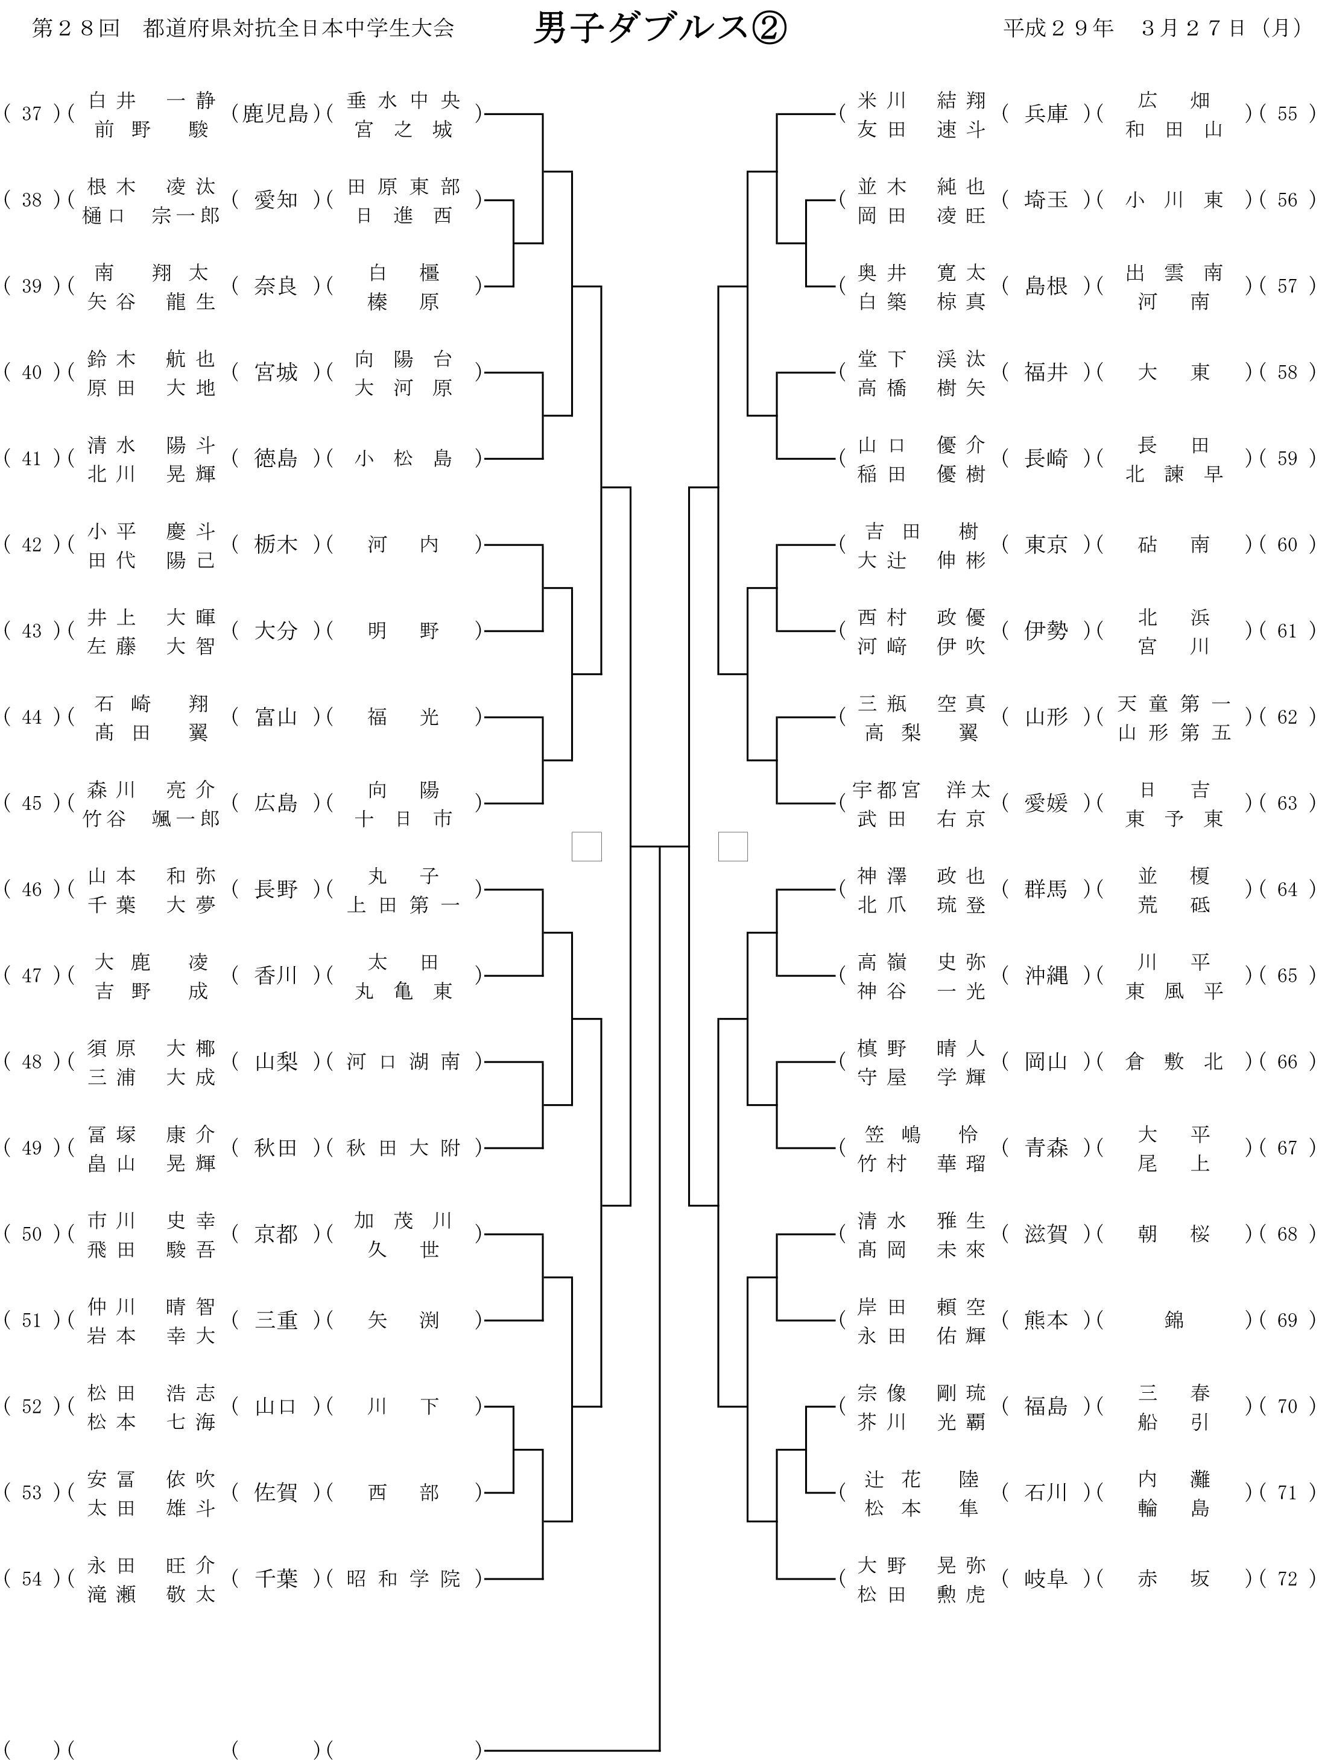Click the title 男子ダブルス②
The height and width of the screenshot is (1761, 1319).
pyautogui.click(x=660, y=30)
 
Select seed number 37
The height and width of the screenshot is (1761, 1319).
pyautogui.click(x=32, y=114)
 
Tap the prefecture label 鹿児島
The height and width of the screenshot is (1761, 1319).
pyautogui.click(x=276, y=114)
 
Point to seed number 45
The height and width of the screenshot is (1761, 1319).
pyautogui.click(x=32, y=803)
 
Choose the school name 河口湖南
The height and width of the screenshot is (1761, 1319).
pyautogui.click(x=404, y=1061)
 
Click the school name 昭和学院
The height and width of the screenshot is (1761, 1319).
pyautogui.click(x=404, y=1578)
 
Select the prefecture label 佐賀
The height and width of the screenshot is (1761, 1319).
pyautogui.click(x=276, y=1493)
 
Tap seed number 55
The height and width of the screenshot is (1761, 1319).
pyautogui.click(x=1287, y=114)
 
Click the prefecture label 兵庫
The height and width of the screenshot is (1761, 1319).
pyautogui.click(x=1046, y=114)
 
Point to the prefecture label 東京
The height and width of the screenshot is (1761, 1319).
pyautogui.click(x=1046, y=545)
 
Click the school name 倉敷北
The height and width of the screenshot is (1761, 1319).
pyautogui.click(x=1173, y=1061)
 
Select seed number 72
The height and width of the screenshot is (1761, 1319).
pyautogui.click(x=1287, y=1578)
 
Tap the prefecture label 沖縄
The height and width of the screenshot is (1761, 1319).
pyautogui.click(x=1046, y=975)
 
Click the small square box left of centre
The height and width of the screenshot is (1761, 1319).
pyautogui.click(x=586, y=846)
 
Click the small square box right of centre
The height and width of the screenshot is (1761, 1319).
pyautogui.click(x=733, y=846)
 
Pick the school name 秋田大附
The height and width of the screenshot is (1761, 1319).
pyautogui.click(x=404, y=1148)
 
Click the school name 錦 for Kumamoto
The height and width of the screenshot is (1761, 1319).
pyautogui.click(x=1173, y=1320)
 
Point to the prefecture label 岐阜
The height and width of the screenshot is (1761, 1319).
pyautogui.click(x=1046, y=1578)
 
